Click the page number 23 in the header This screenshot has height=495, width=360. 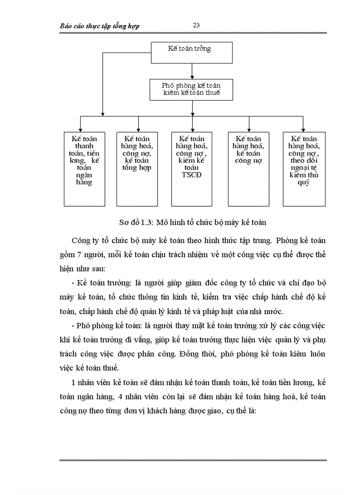[197, 26]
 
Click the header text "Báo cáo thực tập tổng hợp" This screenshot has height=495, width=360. [99, 26]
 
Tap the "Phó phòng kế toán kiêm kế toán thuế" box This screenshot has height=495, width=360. [191, 89]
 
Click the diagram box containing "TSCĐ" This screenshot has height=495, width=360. [192, 168]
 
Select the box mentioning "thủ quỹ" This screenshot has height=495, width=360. [304, 168]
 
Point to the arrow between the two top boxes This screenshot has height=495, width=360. [192, 71]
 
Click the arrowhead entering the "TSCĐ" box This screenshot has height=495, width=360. [192, 128]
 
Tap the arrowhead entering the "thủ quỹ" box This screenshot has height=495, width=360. [304, 128]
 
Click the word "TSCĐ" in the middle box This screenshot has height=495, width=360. [192, 175]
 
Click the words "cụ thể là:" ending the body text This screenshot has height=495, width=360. [238, 410]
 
